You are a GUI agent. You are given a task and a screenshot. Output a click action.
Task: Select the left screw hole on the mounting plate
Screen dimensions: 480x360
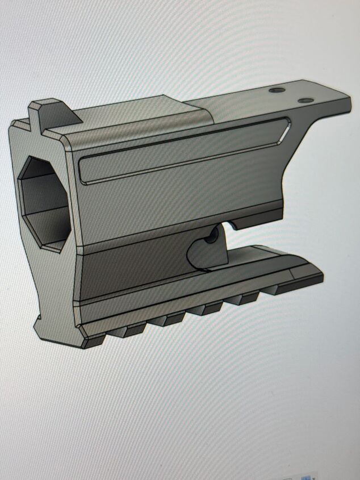tap(278, 91)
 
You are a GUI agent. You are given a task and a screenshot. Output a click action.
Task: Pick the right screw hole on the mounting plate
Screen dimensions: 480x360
tap(305, 100)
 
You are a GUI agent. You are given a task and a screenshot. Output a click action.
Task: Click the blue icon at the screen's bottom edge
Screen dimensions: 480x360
tap(307, 476)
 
